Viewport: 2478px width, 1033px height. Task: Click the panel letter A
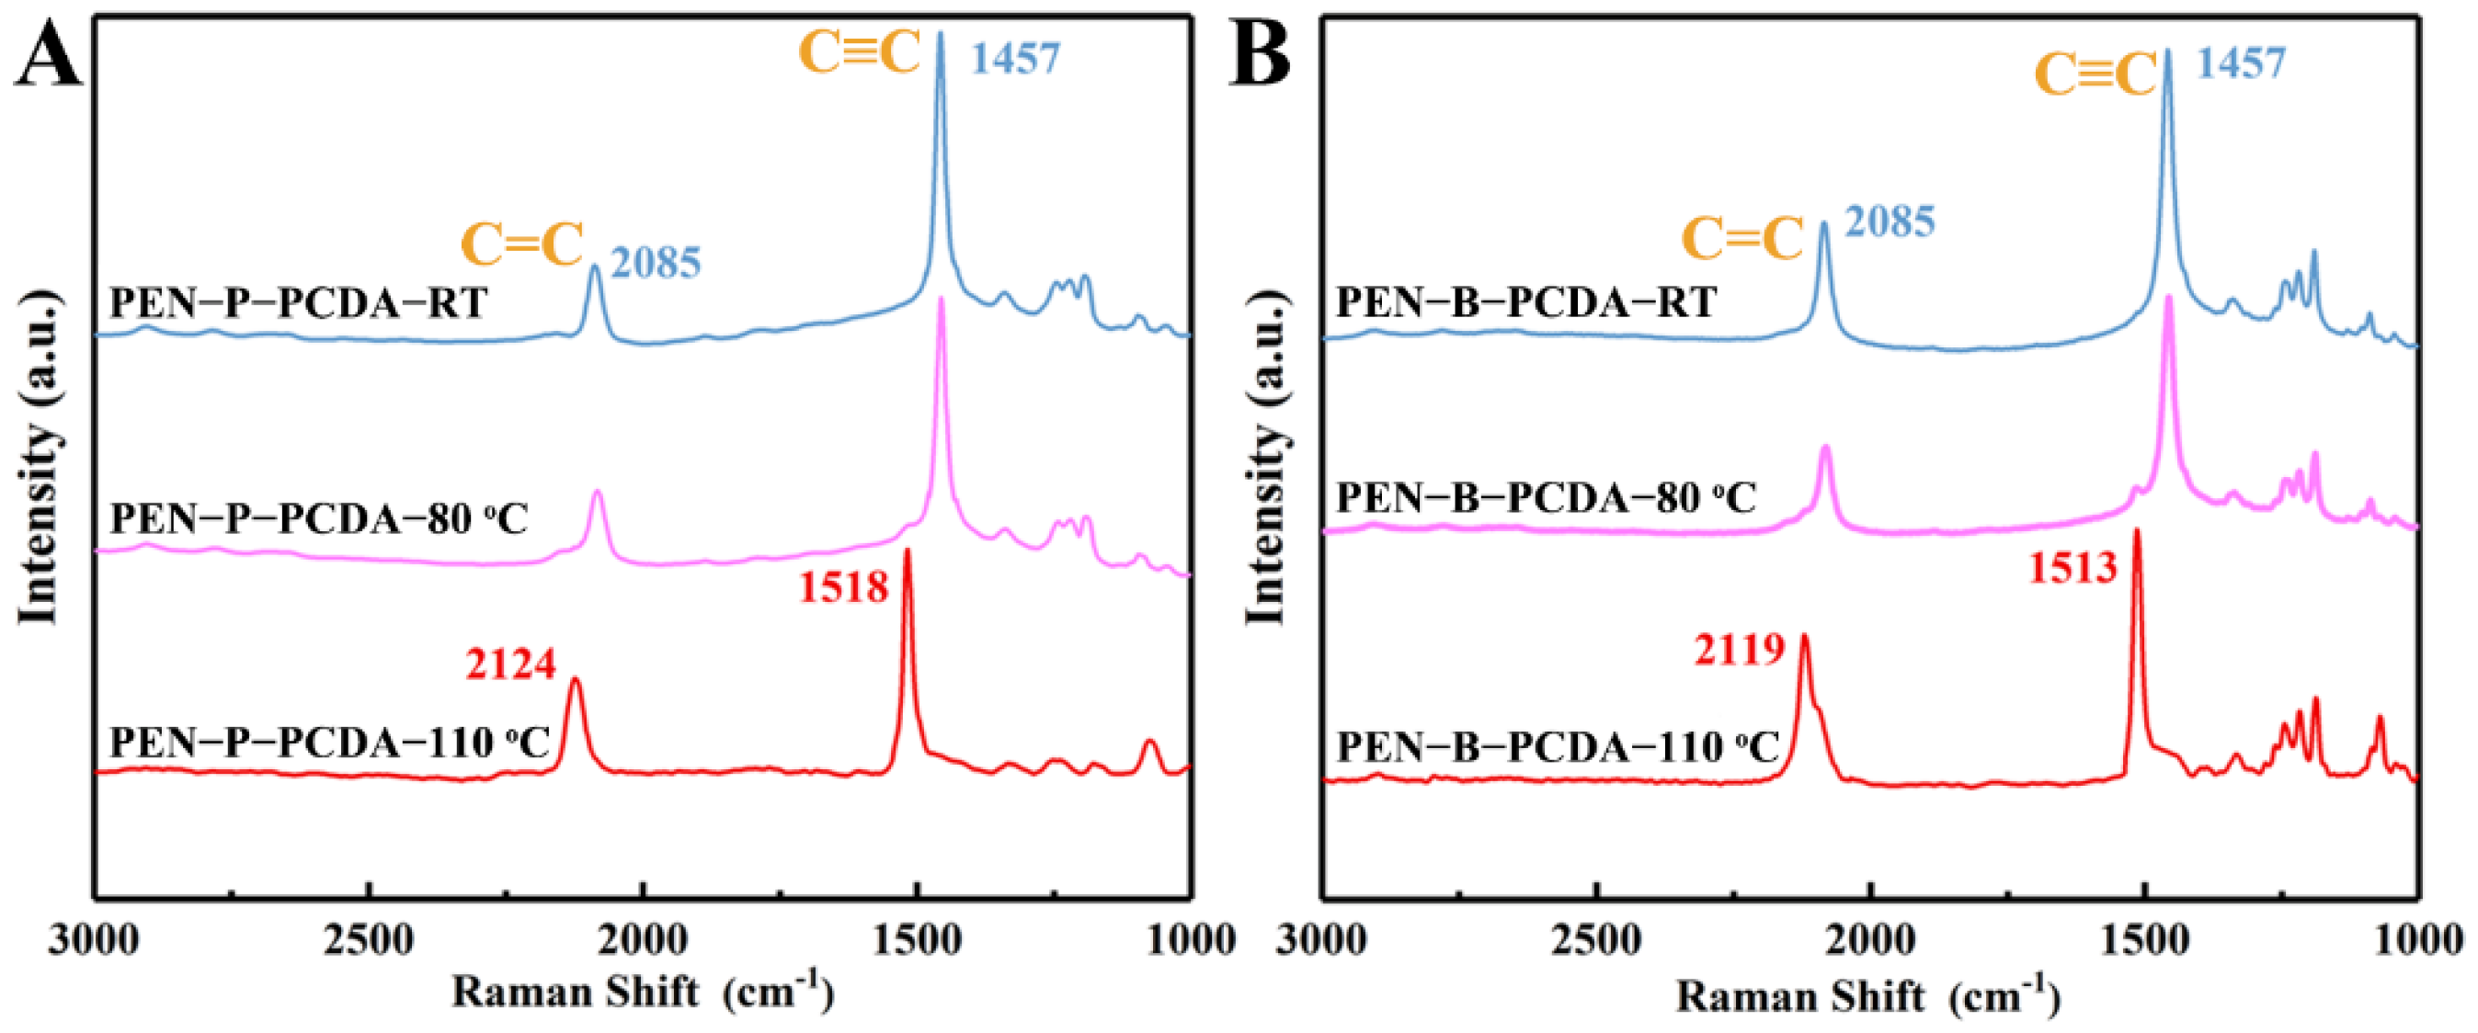point(48,56)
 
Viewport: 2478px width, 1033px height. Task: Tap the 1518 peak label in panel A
point(844,586)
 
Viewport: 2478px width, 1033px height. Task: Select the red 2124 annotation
point(511,664)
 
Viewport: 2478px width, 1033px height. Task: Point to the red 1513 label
point(2073,567)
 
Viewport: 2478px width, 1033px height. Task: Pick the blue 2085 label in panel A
point(657,263)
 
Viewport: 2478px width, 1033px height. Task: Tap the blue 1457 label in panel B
point(2241,62)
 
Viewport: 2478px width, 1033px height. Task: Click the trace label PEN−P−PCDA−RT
point(298,303)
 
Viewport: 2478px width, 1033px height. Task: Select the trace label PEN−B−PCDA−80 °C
point(1546,498)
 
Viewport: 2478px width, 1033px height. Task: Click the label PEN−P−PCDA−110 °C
point(329,743)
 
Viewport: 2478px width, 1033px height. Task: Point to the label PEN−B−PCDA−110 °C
point(1558,747)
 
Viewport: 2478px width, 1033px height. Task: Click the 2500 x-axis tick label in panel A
point(369,939)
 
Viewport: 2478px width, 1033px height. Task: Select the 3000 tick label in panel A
point(93,939)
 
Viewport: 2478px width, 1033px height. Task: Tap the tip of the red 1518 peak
point(907,551)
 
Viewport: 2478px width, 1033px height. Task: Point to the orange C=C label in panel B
point(1742,237)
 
